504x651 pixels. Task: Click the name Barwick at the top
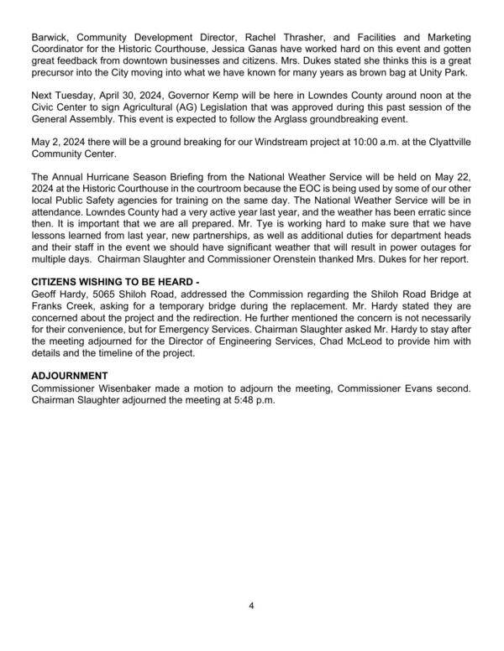(x=49, y=39)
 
